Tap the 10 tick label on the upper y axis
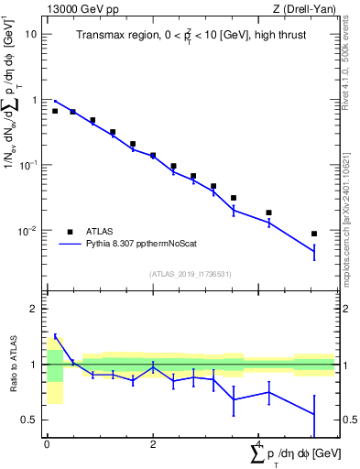coord(31,34)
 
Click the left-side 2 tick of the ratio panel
coord(36,309)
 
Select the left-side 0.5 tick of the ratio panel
coord(31,420)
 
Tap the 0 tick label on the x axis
coord(47,443)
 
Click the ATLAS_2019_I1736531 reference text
coord(191,274)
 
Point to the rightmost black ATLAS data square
coord(314,234)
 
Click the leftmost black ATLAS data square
coord(55,111)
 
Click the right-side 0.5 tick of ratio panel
coord(348,420)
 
